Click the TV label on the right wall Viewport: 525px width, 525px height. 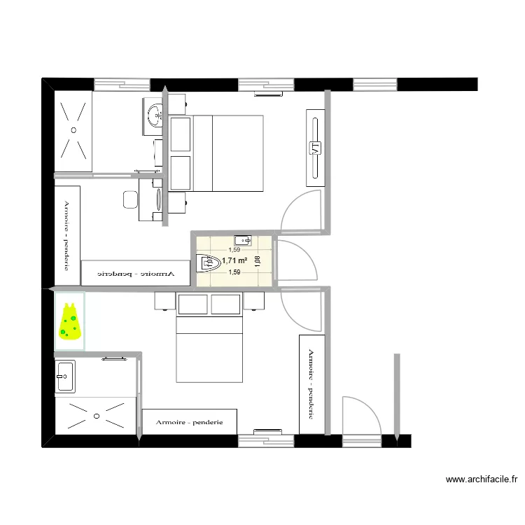click(315, 148)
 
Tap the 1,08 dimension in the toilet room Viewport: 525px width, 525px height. click(258, 260)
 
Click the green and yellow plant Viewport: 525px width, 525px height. click(69, 322)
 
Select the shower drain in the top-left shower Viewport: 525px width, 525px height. click(73, 129)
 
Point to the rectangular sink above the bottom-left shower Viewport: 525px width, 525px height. click(64, 377)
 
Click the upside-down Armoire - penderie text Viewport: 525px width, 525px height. click(135, 273)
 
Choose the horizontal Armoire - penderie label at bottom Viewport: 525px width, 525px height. click(190, 422)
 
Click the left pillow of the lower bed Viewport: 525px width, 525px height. click(193, 304)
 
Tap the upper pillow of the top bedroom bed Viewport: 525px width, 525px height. click(181, 134)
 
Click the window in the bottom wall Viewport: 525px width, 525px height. click(266, 439)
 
